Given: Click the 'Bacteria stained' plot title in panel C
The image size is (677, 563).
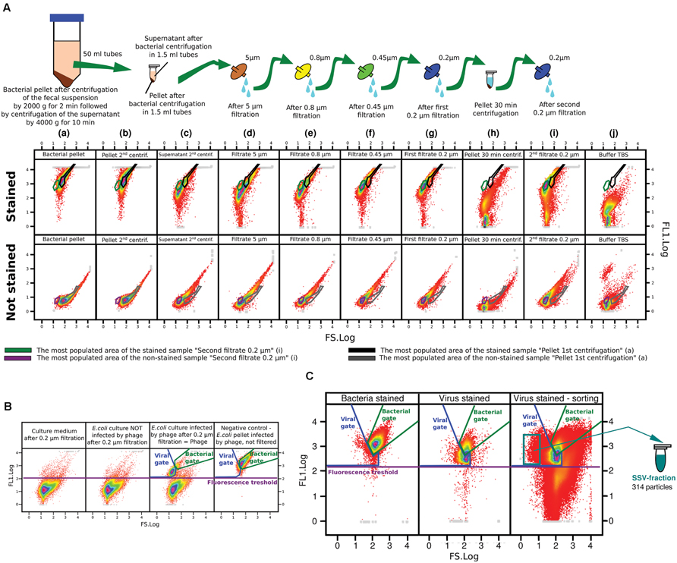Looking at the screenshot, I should click(370, 398).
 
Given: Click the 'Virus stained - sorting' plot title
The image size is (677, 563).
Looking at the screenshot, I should click(556, 398).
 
